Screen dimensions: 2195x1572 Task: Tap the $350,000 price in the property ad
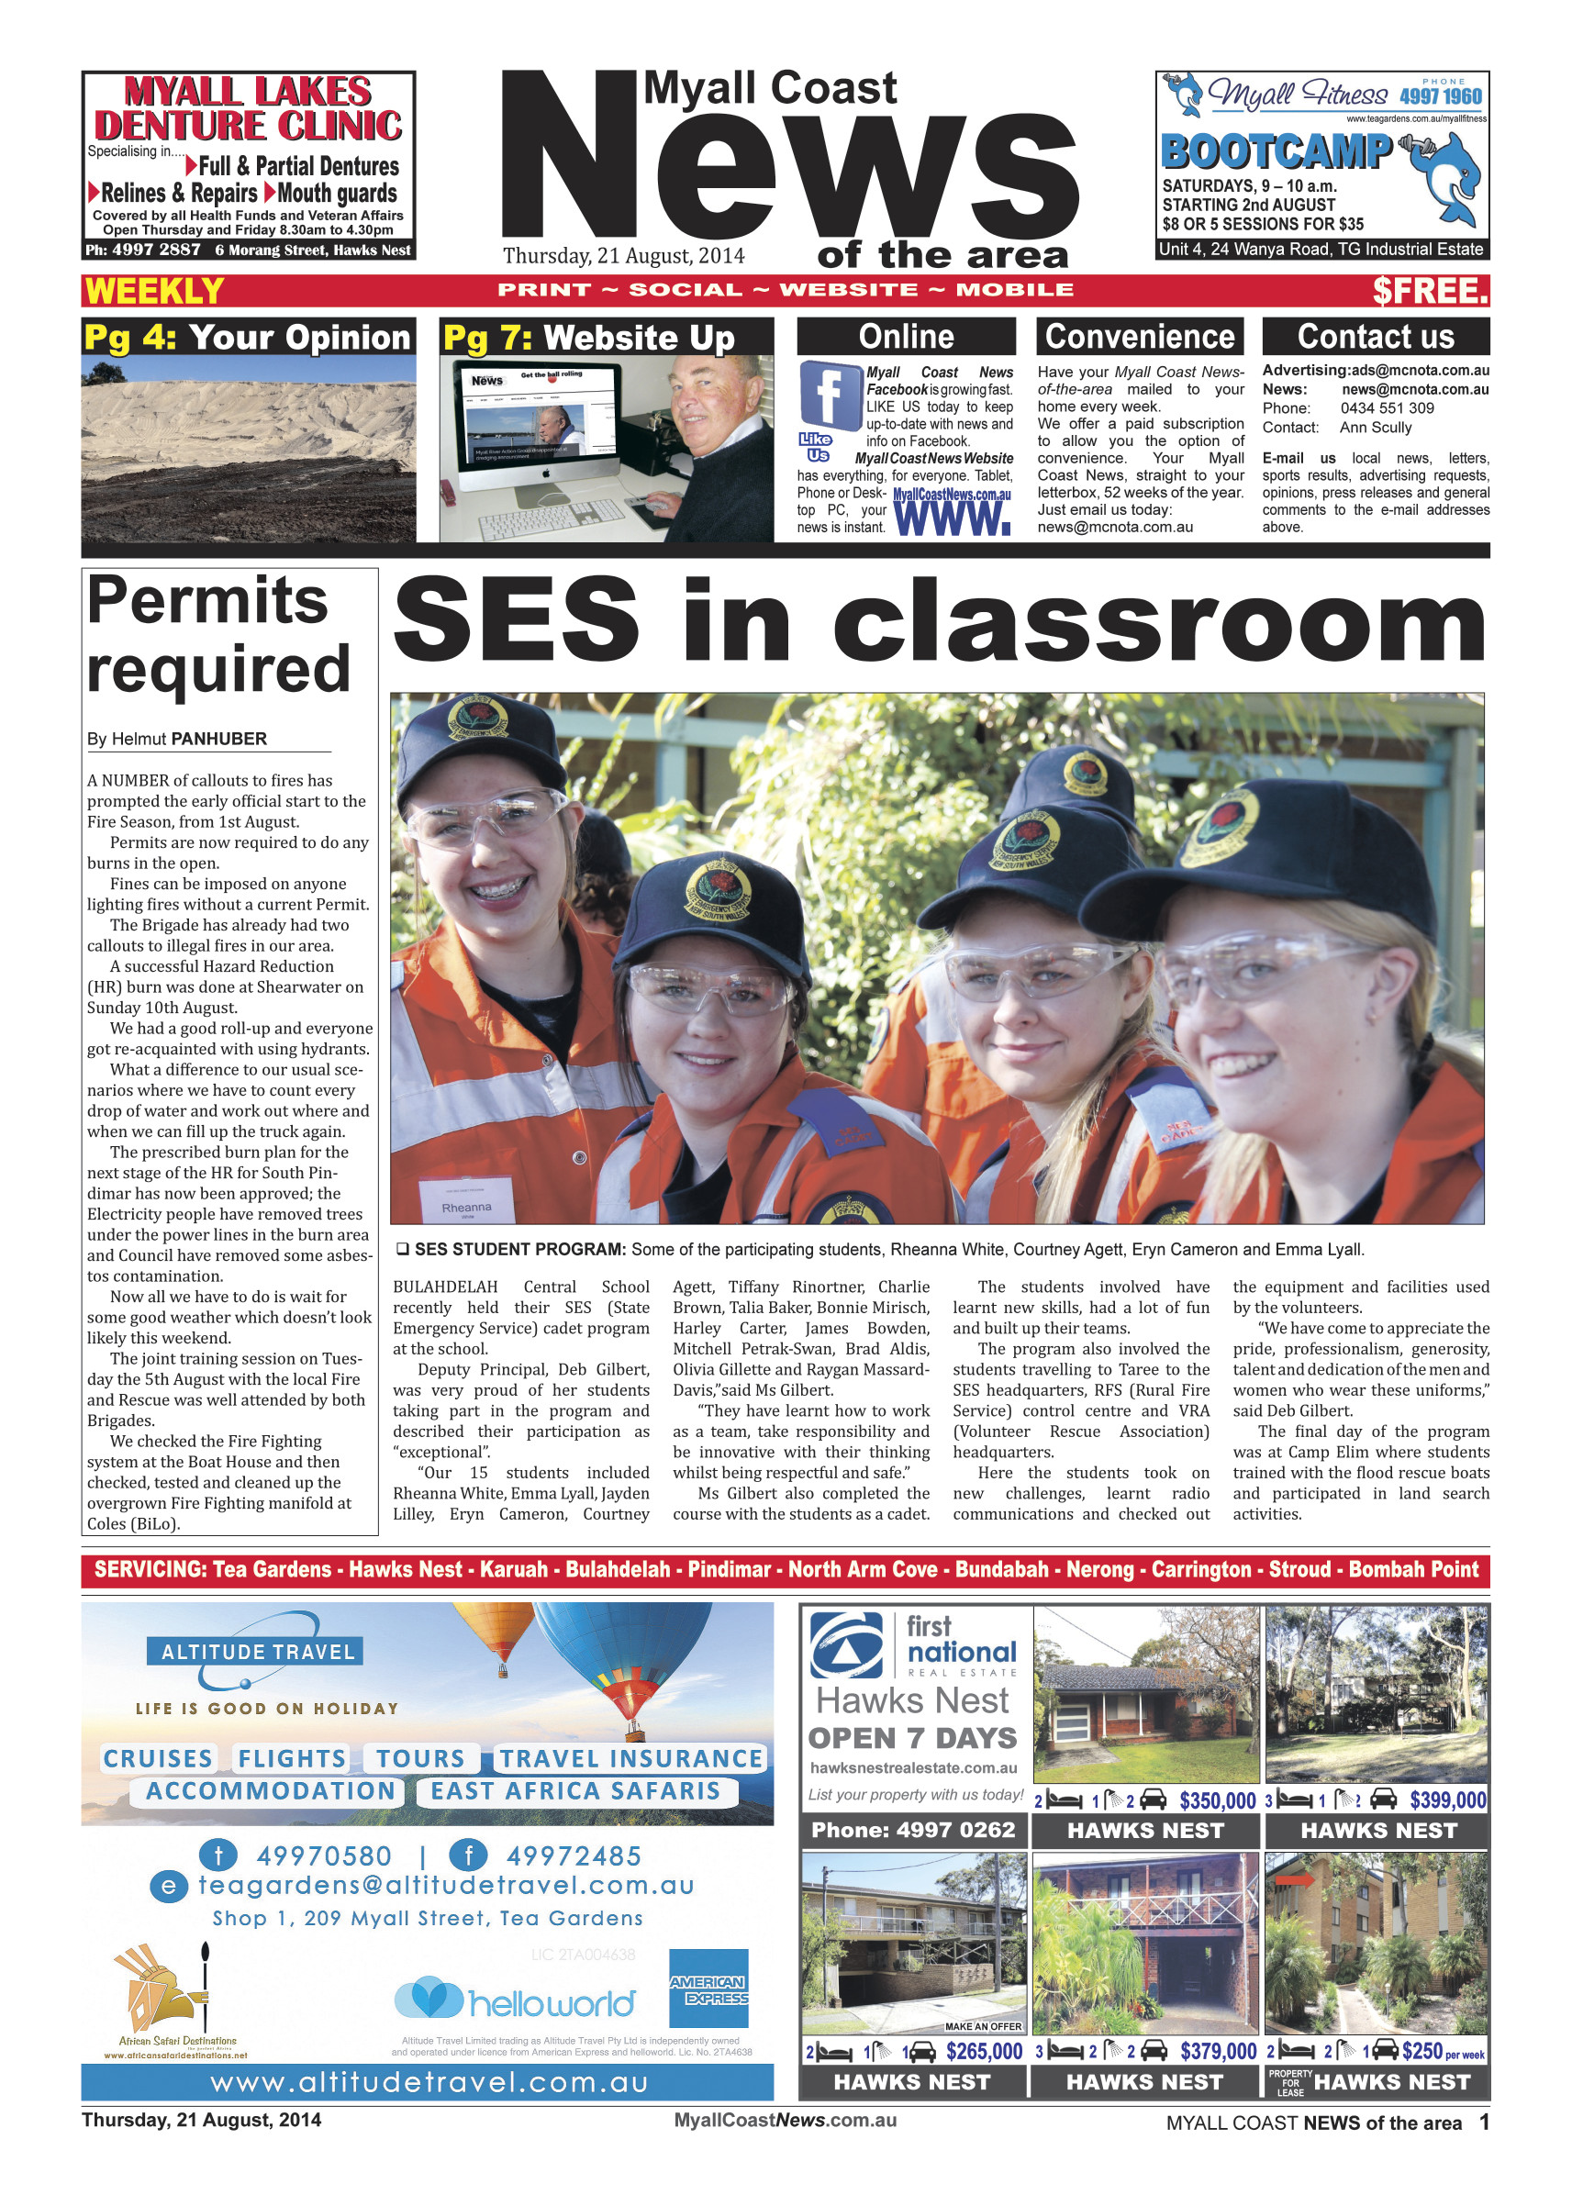1217,1801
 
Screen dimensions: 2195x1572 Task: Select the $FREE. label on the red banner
1429,290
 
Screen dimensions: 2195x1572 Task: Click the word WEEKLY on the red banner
154,290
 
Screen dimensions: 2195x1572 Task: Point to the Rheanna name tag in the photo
466,1207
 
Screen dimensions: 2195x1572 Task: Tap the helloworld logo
515,2001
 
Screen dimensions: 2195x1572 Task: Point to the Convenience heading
1140,336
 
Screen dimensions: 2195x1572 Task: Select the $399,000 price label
1447,1800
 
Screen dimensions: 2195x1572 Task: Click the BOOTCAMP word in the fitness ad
1276,152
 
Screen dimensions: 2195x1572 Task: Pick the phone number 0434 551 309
1388,408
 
